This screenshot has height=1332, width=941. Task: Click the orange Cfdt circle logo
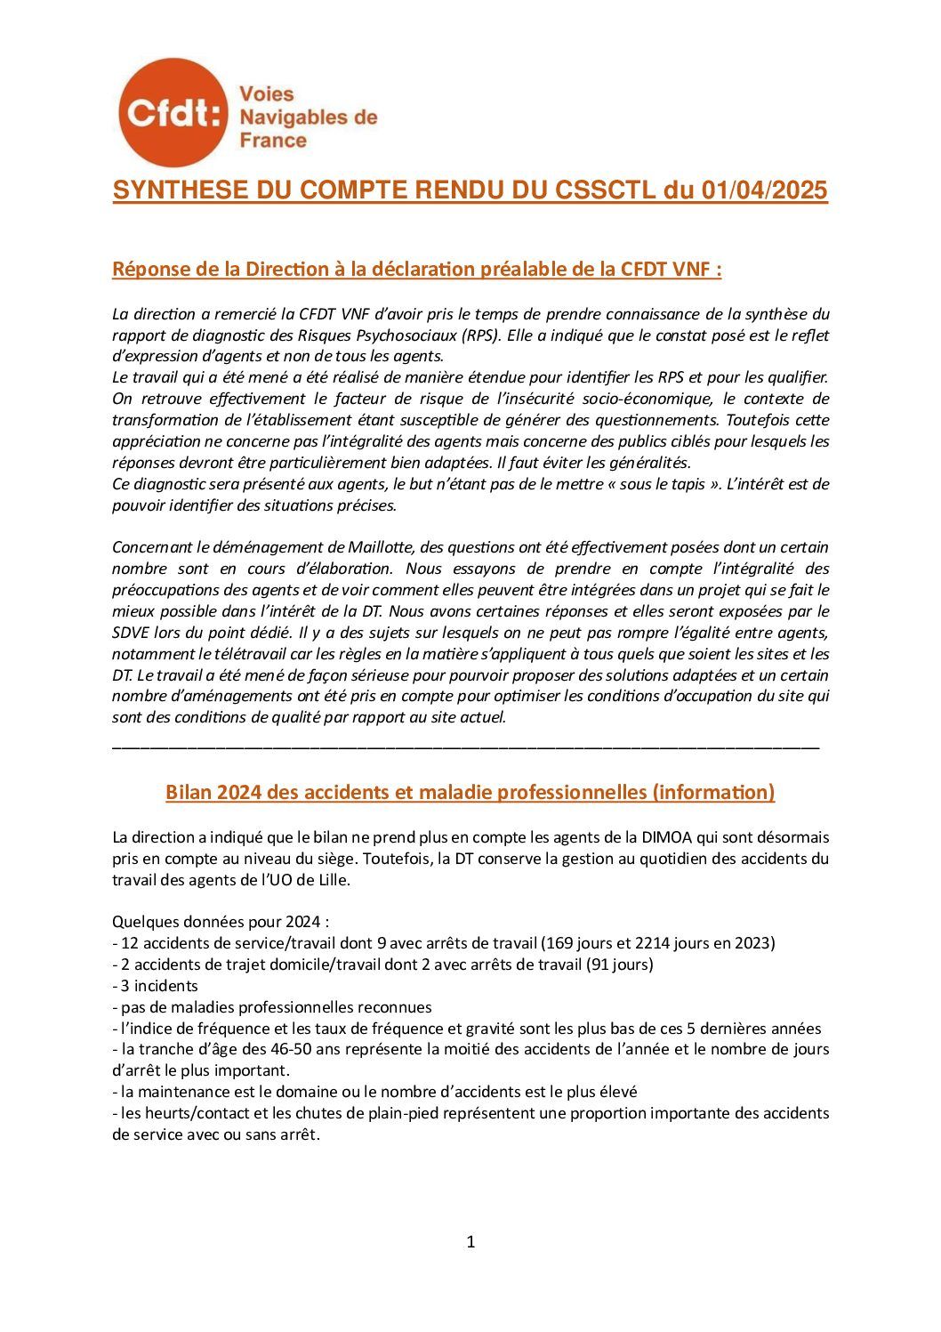tap(172, 112)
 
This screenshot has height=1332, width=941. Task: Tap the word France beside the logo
tap(274, 141)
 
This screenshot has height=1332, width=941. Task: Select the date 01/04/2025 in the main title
tap(764, 190)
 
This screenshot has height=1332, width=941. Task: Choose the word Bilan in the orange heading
tap(188, 792)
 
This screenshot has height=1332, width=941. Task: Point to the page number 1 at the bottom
tap(471, 1242)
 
